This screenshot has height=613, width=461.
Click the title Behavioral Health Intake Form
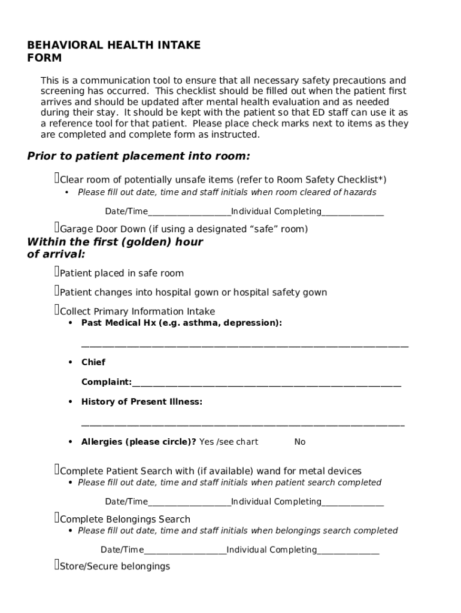point(114,51)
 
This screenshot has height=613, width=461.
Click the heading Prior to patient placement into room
point(138,156)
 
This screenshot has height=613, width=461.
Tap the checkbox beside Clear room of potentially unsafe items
point(57,178)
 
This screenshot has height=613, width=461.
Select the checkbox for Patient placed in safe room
point(57,272)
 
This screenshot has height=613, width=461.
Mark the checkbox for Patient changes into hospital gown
point(57,291)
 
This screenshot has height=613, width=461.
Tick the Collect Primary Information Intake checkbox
point(57,310)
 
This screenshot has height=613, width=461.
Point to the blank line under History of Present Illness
point(242,424)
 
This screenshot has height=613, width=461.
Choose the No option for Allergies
point(300,442)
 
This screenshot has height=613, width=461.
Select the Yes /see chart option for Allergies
point(229,442)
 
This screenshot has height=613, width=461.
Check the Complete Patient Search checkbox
point(57,470)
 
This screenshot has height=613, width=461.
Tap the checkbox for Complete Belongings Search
point(57,518)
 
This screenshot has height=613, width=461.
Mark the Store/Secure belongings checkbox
point(57,565)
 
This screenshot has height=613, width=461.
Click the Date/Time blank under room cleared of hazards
point(189,214)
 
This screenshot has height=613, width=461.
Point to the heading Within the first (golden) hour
point(115,242)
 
